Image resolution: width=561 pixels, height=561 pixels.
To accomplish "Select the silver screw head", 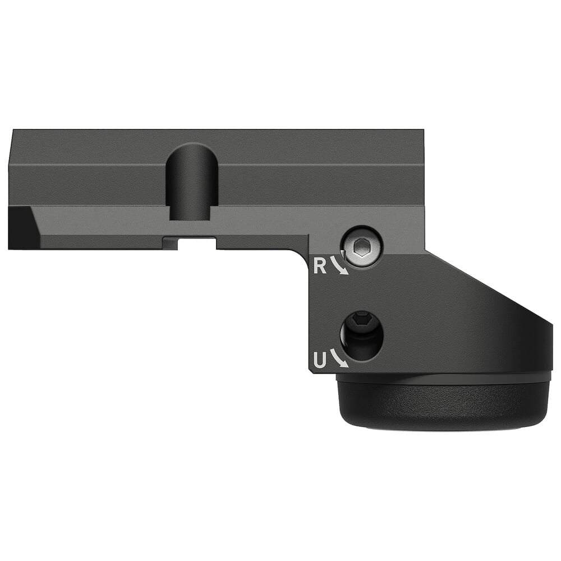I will (364, 247).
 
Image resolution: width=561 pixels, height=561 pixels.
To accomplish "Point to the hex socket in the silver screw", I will (364, 246).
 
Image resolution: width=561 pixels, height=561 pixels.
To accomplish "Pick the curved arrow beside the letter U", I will (339, 358).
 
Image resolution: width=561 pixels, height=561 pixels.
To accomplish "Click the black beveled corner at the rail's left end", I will (21, 227).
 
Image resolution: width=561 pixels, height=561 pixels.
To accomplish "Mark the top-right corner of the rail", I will (423, 131).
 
